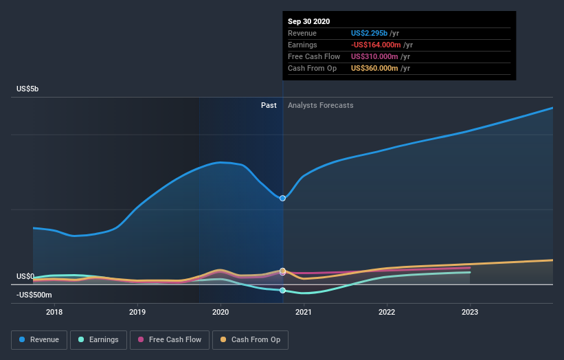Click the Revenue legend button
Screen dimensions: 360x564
pos(40,339)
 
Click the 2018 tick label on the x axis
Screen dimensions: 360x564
pos(54,312)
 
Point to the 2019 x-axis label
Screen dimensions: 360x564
pos(137,312)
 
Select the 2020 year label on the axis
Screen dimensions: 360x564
pos(221,312)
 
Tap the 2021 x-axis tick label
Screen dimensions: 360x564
pos(304,312)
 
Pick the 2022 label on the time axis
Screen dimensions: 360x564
pos(387,312)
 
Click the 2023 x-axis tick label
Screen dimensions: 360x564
pos(470,312)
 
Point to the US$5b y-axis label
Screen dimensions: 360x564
pos(28,89)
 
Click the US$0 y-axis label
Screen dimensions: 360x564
pos(26,276)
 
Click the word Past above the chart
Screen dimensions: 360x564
pos(269,105)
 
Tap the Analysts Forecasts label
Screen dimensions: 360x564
pos(321,105)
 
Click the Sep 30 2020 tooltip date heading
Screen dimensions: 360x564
pos(309,21)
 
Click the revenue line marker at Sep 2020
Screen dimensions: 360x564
pos(282,198)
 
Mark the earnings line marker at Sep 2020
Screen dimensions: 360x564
pos(282,290)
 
